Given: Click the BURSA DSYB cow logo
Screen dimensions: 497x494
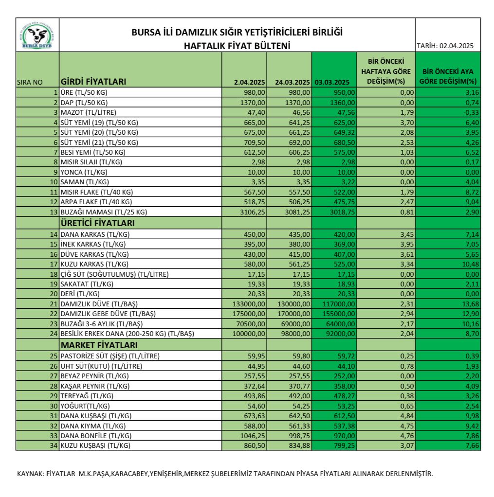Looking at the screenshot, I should (37, 35).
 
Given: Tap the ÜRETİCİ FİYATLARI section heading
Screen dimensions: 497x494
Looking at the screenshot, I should (97, 223).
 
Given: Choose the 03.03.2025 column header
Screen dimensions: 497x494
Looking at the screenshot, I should (332, 82).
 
